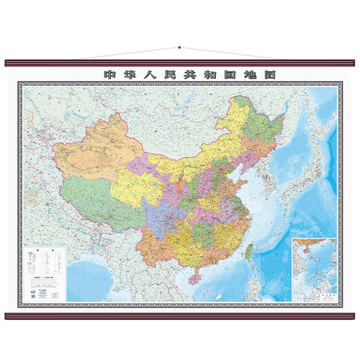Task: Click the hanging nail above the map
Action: coord(179,48)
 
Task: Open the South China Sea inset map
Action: coord(314,267)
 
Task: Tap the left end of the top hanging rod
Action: coord(8,62)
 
